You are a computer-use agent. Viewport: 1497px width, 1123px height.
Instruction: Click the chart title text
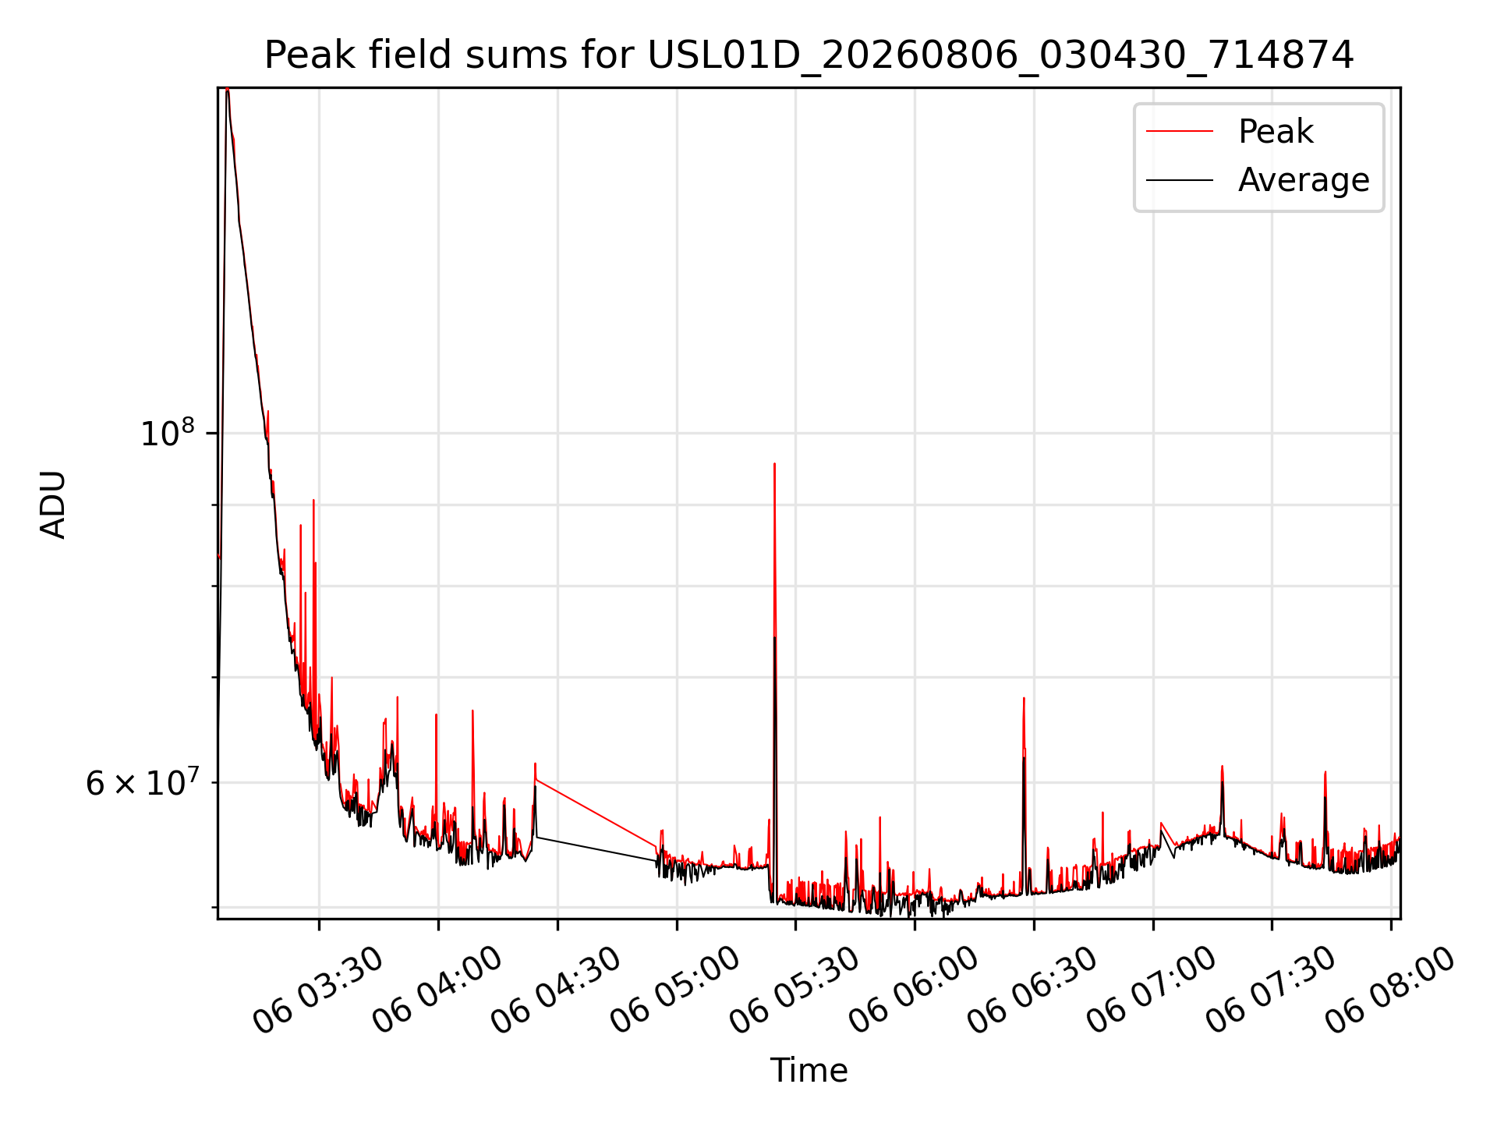coord(809,56)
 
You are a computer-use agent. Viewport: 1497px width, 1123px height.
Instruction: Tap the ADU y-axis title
coord(53,504)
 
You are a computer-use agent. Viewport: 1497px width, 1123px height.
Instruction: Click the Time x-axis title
coord(809,1070)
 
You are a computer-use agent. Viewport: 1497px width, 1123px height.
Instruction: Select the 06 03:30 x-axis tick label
coord(318,991)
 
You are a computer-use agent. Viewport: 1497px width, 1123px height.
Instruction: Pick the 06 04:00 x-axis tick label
coord(437,991)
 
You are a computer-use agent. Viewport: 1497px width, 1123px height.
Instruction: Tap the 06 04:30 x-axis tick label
coord(557,991)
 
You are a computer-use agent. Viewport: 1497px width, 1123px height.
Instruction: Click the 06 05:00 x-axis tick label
coord(675,991)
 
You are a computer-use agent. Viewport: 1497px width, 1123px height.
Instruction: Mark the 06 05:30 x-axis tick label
coord(795,991)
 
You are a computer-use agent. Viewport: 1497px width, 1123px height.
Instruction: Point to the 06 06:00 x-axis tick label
coord(914,991)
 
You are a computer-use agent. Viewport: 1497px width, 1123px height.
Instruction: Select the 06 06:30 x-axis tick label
coord(1033,991)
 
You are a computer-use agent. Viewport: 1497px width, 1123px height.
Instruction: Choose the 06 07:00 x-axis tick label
coord(1152,991)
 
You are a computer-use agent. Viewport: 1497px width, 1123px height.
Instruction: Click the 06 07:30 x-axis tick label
coord(1271,991)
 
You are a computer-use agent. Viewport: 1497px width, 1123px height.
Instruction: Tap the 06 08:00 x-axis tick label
coord(1390,991)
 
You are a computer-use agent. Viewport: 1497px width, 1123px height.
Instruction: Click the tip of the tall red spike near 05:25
coord(774,464)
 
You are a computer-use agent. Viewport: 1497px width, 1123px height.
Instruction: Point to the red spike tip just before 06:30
coord(1024,698)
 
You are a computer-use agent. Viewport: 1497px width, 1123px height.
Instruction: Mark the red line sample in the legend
coord(1180,132)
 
